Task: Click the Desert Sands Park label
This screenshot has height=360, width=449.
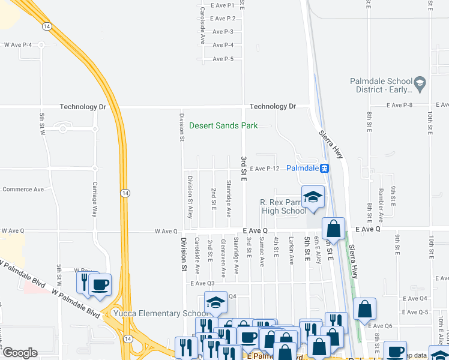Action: (x=223, y=125)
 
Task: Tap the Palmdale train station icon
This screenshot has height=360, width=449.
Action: (x=325, y=169)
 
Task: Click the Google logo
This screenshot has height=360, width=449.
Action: (x=19, y=353)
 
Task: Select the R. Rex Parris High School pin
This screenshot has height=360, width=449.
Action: (x=313, y=197)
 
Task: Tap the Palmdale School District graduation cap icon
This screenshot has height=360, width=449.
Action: (x=420, y=84)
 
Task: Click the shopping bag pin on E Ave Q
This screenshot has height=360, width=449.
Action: (x=333, y=229)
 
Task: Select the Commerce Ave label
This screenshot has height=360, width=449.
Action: (x=23, y=189)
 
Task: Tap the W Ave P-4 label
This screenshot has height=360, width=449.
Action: (x=17, y=45)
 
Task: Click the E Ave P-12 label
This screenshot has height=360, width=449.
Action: (x=265, y=169)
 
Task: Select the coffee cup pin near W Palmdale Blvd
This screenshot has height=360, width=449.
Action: (x=100, y=284)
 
